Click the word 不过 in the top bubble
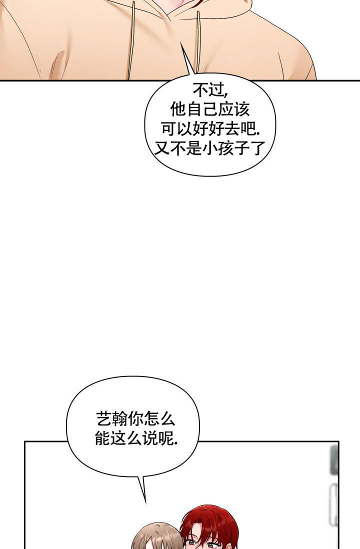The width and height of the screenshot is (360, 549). (209, 90)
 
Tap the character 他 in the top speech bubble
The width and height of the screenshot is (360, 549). (178, 109)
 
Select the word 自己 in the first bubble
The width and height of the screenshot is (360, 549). (202, 109)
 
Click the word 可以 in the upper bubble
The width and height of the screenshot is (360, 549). (176, 129)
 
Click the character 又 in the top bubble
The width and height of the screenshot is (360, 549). (162, 148)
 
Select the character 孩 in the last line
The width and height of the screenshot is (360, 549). (225, 148)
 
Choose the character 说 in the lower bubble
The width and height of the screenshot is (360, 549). (150, 438)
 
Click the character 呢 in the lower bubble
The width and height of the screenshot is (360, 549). (166, 438)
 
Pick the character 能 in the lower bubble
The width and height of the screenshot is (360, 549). (103, 438)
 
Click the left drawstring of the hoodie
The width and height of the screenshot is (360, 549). (131, 40)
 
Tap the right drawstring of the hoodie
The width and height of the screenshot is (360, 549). (198, 42)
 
